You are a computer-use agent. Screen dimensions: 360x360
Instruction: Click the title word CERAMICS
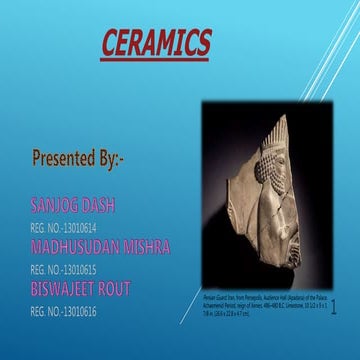click(x=157, y=44)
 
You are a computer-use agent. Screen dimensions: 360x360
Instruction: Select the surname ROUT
click(x=129, y=289)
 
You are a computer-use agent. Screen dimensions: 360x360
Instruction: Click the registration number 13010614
click(x=79, y=226)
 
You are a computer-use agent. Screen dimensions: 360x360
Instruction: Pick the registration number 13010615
click(x=79, y=269)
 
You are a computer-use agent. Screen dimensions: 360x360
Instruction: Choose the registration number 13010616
click(x=79, y=311)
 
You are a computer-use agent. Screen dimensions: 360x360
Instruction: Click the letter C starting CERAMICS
click(x=111, y=44)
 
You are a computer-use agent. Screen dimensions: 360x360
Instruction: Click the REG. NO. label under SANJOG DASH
click(x=45, y=226)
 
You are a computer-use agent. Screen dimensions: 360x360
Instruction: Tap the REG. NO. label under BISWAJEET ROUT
click(x=45, y=311)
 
